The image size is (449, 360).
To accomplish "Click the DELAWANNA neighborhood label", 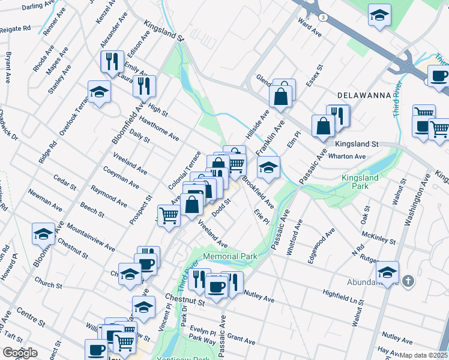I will [360, 95].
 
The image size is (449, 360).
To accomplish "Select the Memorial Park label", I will [230, 256].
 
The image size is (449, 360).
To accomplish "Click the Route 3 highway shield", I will [323, 17].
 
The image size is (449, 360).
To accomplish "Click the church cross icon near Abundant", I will [408, 281].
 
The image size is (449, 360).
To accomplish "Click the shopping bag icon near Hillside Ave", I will [281, 94].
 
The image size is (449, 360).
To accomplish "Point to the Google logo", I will [20, 353].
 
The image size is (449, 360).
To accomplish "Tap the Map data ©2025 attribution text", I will [424, 355].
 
